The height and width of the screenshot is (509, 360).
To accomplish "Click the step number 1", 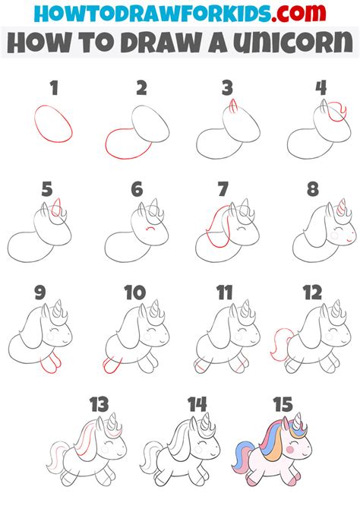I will click(x=53, y=89).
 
